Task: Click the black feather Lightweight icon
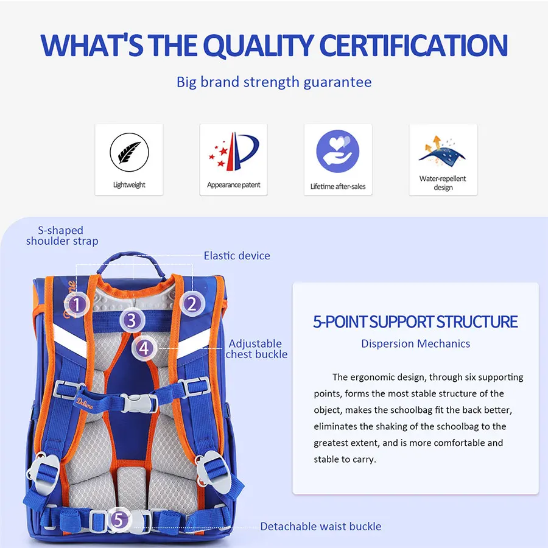tap(129, 152)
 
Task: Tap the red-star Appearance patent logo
tap(233, 152)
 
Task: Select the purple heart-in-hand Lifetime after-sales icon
tap(337, 152)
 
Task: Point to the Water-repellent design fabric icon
tap(443, 150)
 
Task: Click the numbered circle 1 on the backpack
tap(77, 304)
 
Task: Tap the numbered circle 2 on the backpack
tap(192, 304)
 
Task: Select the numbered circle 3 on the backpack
tap(132, 320)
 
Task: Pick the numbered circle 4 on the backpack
tap(144, 348)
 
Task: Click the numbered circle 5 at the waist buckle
tap(119, 520)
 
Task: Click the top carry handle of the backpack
tap(131, 261)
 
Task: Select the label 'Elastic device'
tap(237, 256)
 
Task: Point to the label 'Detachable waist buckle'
tap(321, 526)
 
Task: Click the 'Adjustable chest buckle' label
tap(256, 349)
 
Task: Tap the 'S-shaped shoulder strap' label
tap(62, 236)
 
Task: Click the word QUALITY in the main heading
tap(258, 46)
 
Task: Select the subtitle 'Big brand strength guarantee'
tap(274, 82)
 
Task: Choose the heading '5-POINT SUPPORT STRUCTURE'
tap(415, 322)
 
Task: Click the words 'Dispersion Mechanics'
tap(415, 343)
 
